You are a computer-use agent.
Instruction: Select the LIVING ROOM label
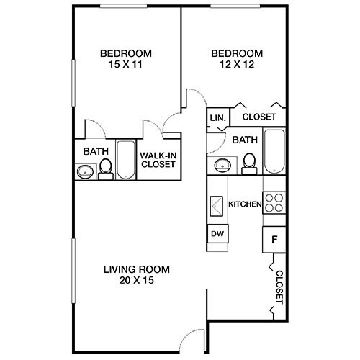pos(136,269)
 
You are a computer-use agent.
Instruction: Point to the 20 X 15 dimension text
pos(136,281)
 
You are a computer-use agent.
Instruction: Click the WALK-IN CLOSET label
pos(158,159)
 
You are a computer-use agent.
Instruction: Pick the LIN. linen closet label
pos(217,117)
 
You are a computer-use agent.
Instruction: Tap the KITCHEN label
pos(244,204)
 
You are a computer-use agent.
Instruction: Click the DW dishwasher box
pos(217,234)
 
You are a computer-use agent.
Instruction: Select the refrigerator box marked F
pos(274,239)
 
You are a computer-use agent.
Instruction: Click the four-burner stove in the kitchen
pos(273,203)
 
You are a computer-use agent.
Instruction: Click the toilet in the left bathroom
pos(106,168)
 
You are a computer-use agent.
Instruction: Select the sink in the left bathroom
pos(84,171)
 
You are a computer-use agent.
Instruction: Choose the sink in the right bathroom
pos(222,166)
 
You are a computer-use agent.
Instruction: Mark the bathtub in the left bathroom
pos(126,159)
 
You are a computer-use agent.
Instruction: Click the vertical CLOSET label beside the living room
pos(279,287)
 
